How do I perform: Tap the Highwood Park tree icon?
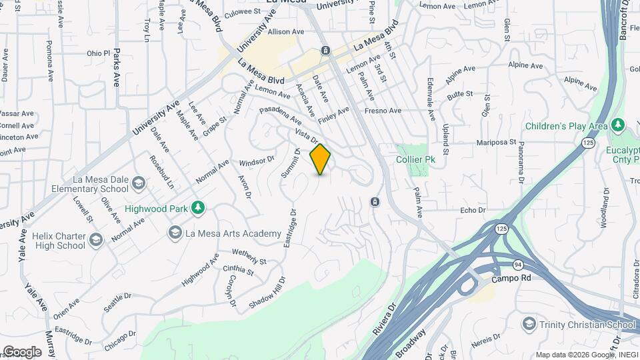coord(197,209)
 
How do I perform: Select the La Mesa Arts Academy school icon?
coord(175,233)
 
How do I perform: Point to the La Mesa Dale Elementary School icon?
coord(138,183)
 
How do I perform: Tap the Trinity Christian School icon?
coord(529,324)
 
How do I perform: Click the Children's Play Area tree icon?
coord(618,125)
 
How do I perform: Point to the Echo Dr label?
coord(473,211)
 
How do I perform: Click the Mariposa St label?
coord(497,142)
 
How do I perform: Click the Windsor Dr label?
coord(257,161)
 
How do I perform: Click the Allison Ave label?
coord(286,31)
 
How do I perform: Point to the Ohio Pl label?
coord(97,53)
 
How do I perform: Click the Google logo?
coord(22,352)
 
